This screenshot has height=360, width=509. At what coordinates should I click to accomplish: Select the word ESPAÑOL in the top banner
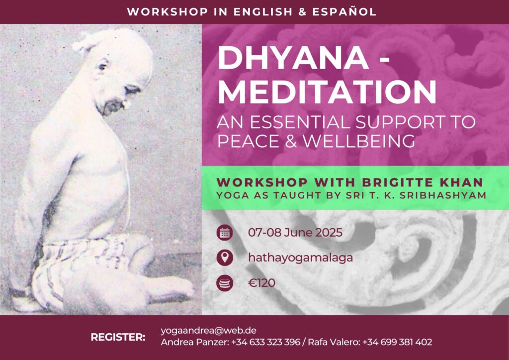click(344, 12)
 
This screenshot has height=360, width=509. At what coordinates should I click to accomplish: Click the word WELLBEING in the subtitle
click(359, 141)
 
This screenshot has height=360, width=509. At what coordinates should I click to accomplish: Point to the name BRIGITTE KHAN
click(423, 182)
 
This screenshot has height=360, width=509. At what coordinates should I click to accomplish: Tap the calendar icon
click(225, 232)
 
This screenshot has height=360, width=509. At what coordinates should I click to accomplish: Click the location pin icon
click(225, 258)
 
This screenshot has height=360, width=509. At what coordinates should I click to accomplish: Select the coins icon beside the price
click(225, 283)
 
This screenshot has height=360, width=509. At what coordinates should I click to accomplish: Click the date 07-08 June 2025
click(295, 232)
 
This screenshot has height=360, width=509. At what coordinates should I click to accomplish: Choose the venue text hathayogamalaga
click(300, 258)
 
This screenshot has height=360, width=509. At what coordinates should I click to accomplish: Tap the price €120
click(261, 283)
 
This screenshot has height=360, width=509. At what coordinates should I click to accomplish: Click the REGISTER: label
click(118, 337)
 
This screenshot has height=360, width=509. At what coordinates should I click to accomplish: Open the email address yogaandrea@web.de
click(208, 331)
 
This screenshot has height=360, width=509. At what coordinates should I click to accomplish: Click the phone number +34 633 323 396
click(265, 342)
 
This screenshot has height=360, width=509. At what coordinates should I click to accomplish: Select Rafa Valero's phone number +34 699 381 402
click(397, 342)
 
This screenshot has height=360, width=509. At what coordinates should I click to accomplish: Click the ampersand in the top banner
click(302, 12)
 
